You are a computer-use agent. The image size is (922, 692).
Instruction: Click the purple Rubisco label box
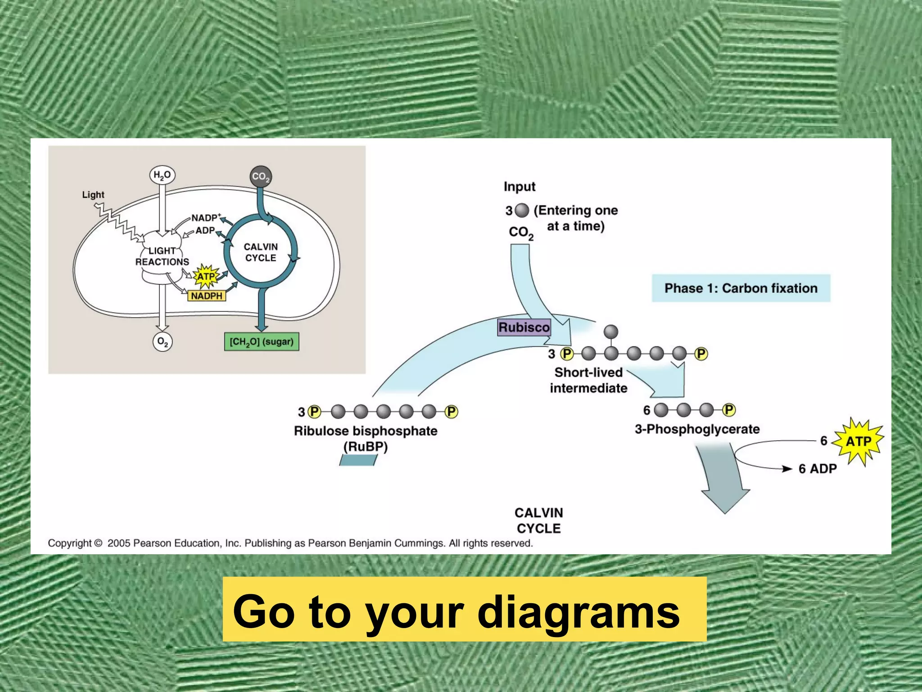pos(524,327)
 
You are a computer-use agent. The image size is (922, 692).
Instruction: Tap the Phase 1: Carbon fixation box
pos(741,288)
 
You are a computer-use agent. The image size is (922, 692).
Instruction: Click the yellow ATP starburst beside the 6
pos(858,442)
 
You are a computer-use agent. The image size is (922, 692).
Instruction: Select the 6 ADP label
pos(818,469)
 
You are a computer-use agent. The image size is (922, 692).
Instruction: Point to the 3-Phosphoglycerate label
pos(697,429)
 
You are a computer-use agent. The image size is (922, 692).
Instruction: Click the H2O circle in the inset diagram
pos(162,175)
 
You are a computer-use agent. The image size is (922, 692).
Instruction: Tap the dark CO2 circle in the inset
pos(261,177)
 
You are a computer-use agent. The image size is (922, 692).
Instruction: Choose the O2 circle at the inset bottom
pos(162,342)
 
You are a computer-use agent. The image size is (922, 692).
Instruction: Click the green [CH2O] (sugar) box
pos(262,342)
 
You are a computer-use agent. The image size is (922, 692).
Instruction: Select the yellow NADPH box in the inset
pos(207,296)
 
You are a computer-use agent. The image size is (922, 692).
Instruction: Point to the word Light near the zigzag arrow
pos(93,195)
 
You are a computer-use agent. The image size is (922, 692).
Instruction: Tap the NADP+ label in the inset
pos(206,218)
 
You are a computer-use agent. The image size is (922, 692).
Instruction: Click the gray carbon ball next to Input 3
pos(522,210)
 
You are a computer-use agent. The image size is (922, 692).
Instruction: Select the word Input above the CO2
pos(520,187)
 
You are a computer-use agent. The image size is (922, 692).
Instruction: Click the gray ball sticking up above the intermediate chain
pos(611,332)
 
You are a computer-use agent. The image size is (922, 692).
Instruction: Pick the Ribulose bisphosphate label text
pos(366,431)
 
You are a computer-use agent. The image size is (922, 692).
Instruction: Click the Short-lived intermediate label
pos(588,380)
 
